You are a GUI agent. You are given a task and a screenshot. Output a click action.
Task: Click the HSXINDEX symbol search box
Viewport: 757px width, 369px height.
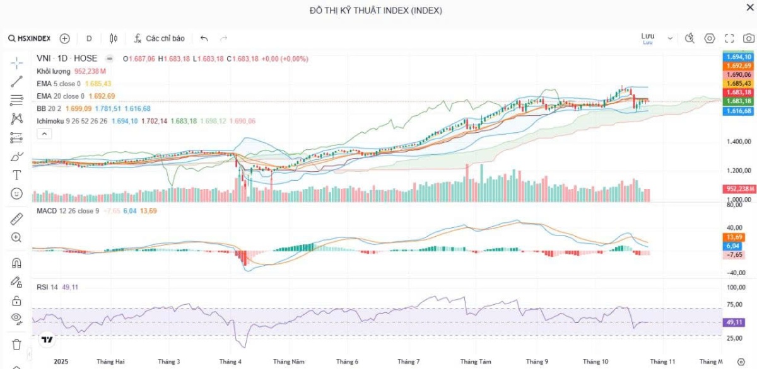coord(30,38)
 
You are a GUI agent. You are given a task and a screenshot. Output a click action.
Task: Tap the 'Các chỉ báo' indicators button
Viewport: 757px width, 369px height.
coord(159,38)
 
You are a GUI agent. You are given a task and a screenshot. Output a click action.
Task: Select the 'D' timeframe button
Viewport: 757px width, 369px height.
coord(89,38)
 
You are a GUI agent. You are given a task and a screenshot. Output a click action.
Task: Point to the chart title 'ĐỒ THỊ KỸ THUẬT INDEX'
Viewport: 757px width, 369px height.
coord(376,10)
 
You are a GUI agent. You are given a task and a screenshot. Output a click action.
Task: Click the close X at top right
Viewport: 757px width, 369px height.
coord(750,8)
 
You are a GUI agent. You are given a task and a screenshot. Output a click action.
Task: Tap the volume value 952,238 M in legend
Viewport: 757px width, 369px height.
coord(90,71)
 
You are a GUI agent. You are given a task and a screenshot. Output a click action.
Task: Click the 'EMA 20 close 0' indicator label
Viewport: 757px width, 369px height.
coord(60,96)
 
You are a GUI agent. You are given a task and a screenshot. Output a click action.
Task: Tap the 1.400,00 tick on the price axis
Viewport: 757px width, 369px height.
coord(737,142)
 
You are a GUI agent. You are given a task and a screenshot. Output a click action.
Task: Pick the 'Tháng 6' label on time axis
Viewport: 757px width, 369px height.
coord(347,362)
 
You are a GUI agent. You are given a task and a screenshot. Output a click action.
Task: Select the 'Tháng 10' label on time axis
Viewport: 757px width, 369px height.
coord(595,362)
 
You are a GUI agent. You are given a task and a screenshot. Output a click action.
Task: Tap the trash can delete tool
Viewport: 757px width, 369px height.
coord(16,344)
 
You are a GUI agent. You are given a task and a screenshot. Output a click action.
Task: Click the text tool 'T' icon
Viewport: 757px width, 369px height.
coord(16,175)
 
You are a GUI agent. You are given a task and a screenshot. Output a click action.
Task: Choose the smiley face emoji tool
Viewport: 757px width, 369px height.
coord(16,194)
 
